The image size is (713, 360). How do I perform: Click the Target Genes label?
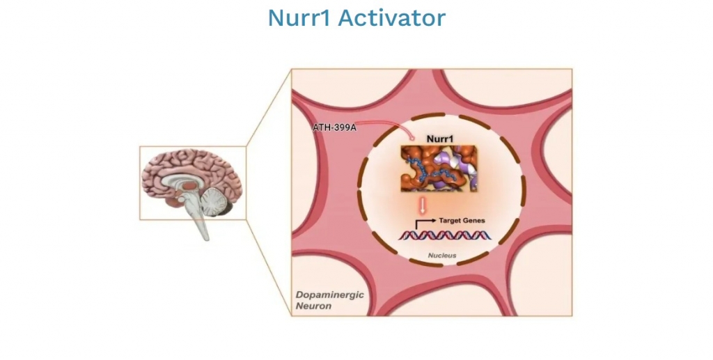point(462,220)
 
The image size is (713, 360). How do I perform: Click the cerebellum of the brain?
point(221,203)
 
